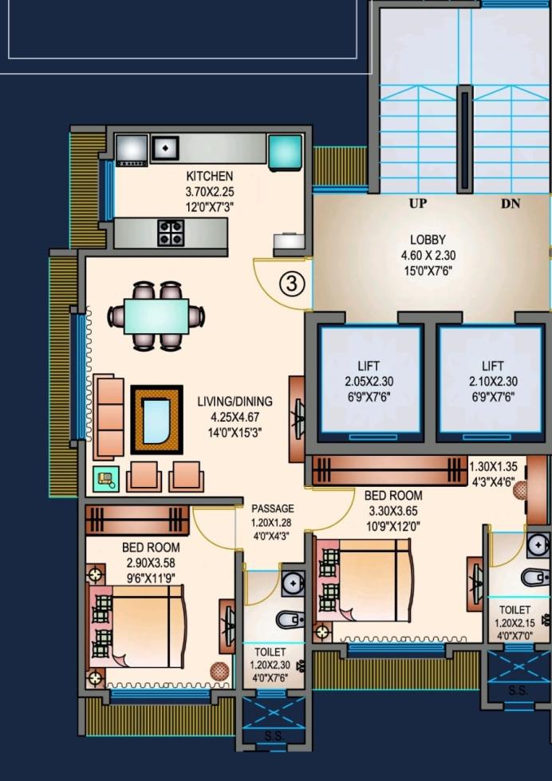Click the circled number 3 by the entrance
(x=292, y=284)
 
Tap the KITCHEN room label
(x=210, y=176)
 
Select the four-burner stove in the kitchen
(x=171, y=233)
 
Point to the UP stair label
(x=418, y=203)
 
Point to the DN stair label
(x=511, y=203)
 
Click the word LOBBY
(x=428, y=240)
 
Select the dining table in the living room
(x=156, y=316)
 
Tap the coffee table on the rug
(x=156, y=419)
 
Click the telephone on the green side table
(x=106, y=479)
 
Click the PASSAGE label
(x=273, y=508)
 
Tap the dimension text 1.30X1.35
(x=494, y=467)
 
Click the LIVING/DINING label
(x=235, y=401)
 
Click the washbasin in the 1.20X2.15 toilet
(x=538, y=545)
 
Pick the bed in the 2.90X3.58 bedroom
(x=136, y=626)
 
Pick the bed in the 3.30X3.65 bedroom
(x=364, y=581)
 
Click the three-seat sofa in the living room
(x=109, y=417)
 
